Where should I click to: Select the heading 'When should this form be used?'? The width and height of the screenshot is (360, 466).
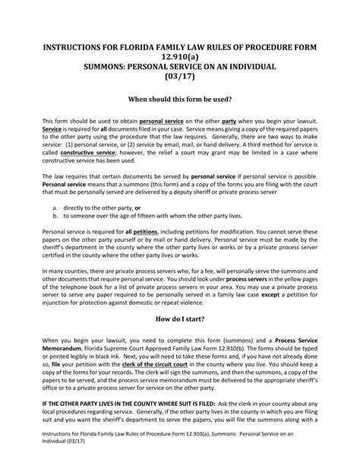[x=179, y=99]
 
